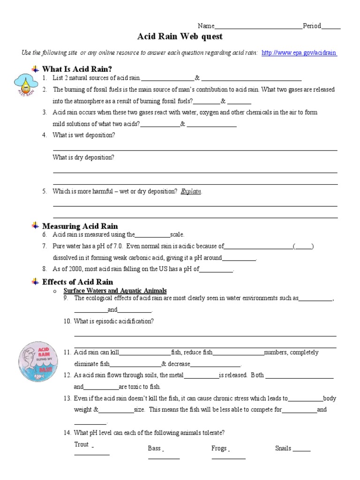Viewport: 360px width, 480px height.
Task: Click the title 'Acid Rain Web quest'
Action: (x=180, y=37)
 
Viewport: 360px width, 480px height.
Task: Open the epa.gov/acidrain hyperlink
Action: (x=299, y=53)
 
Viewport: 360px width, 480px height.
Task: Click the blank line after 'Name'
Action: (x=258, y=27)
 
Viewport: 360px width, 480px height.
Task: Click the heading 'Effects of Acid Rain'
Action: (x=77, y=282)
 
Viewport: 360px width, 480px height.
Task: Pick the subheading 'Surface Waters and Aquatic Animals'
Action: (x=115, y=291)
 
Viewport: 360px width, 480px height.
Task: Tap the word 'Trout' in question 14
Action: (x=82, y=444)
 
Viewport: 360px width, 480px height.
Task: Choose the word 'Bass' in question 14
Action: (x=154, y=448)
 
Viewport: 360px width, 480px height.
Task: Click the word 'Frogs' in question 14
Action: (x=219, y=448)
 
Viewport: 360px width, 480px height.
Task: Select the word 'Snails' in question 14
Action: (x=283, y=448)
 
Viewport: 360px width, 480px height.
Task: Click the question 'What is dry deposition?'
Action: (x=83, y=157)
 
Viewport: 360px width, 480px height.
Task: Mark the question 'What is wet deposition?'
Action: (x=83, y=135)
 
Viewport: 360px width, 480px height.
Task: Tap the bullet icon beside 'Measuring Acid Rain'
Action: (x=35, y=226)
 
